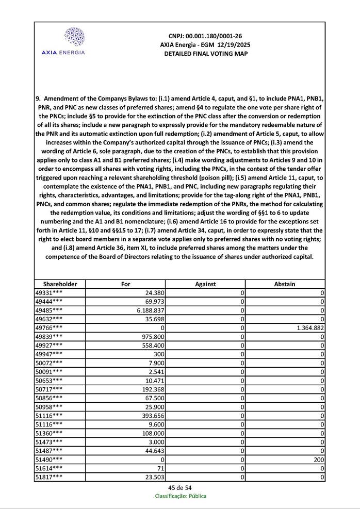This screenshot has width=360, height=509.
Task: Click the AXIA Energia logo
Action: pos(63,41)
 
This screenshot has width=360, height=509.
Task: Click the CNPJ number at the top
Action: pos(205,36)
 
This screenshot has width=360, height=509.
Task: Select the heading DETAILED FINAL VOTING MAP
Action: pos(205,54)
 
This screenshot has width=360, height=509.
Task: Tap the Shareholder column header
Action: pos(60,284)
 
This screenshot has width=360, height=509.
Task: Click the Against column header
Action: pos(205,284)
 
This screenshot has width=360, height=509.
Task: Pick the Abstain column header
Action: pos(285,284)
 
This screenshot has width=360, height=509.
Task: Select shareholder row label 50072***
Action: pos(49,363)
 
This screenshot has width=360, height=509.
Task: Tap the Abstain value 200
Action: pos(318,459)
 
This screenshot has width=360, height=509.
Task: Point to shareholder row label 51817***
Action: pos(49,478)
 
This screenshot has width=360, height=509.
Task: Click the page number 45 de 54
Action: pos(180,488)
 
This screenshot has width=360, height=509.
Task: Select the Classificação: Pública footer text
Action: pos(181,496)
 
